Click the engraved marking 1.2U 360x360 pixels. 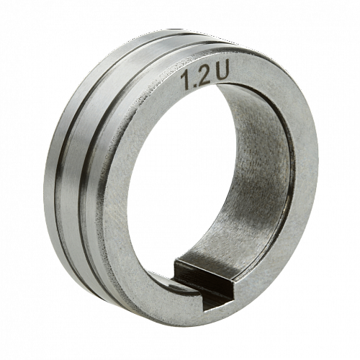(204, 75)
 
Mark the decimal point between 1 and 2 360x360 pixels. (194, 86)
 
